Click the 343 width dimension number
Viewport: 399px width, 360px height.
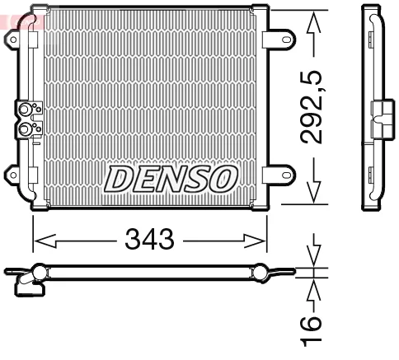[x=149, y=239]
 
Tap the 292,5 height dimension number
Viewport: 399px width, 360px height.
[x=311, y=107]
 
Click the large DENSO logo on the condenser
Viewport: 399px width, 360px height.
[x=171, y=179]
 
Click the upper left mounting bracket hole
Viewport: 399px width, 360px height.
[x=13, y=40]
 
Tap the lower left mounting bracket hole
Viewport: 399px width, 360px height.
[x=13, y=175]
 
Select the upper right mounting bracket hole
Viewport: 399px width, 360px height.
[x=287, y=40]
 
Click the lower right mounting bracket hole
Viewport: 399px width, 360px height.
[x=287, y=175]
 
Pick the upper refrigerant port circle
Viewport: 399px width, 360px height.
[x=24, y=110]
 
